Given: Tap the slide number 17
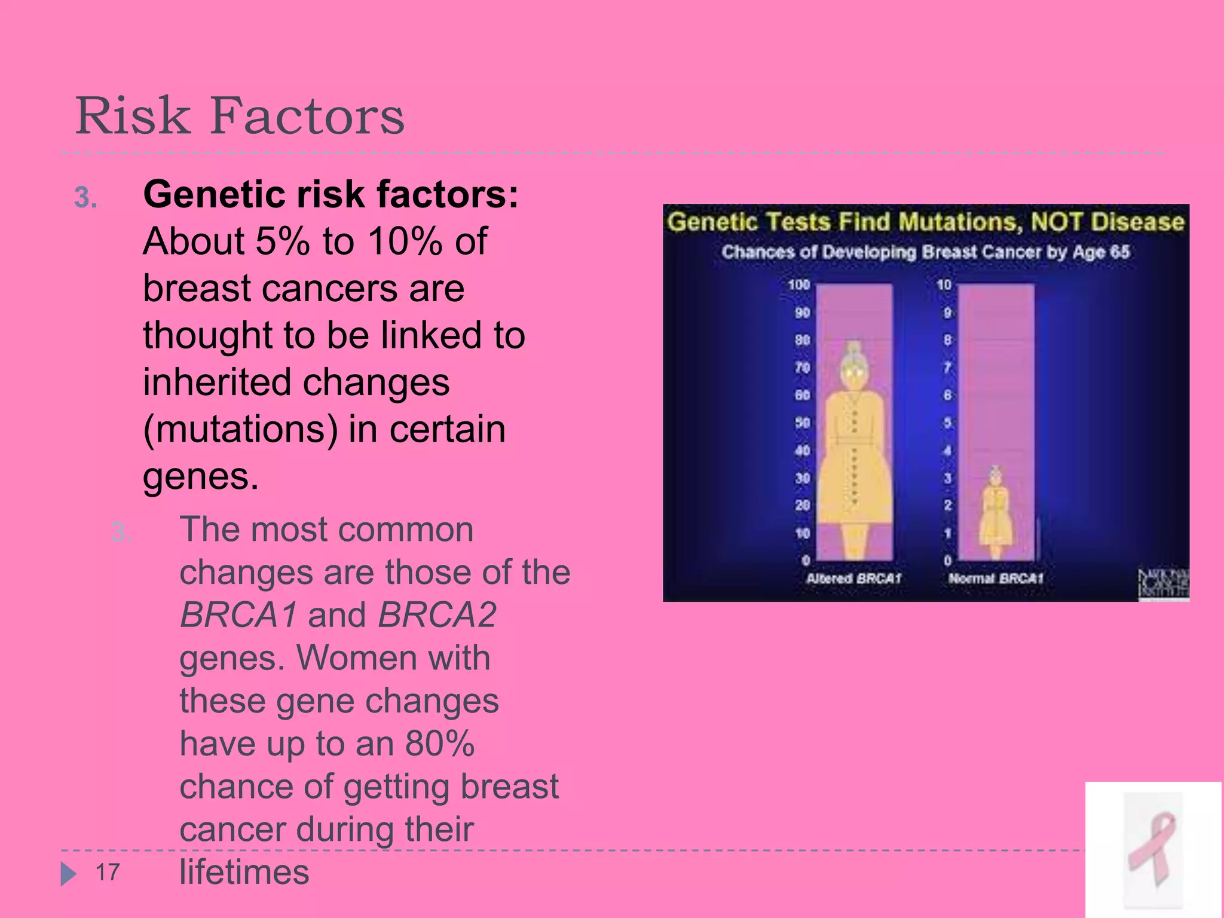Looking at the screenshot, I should [108, 873].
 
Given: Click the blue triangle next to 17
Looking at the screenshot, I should [68, 874].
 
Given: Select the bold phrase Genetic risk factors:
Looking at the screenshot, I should [331, 195].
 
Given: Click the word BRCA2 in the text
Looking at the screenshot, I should [437, 615].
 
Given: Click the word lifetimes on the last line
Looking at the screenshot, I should [244, 872].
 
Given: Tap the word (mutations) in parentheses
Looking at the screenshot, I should [240, 429].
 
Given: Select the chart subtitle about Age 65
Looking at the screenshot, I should [925, 252].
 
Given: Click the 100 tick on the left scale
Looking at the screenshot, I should [798, 285].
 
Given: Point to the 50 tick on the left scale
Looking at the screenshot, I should [802, 423].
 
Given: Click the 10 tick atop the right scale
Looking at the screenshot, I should [944, 285].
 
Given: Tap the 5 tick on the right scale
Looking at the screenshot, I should [947, 423].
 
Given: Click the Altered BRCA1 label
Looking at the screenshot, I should [853, 579].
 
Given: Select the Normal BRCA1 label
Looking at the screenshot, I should [996, 579].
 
